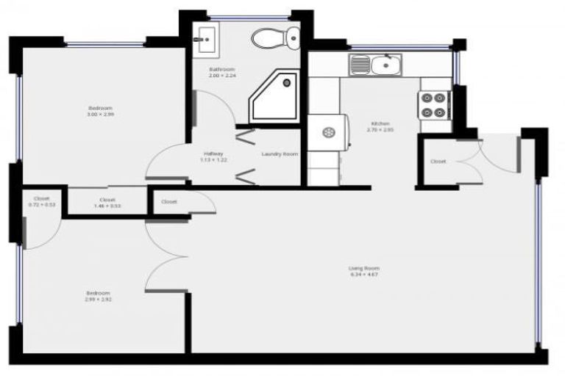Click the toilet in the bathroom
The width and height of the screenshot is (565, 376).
tap(275, 36)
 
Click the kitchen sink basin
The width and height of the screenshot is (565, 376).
tap(384, 66)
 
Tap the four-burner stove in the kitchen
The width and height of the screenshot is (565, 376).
tap(435, 104)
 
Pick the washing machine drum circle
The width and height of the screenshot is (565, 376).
tap(328, 132)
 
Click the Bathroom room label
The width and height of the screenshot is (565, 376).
tap(221, 69)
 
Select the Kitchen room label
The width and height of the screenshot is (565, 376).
tap(380, 123)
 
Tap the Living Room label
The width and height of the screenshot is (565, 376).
tap(364, 268)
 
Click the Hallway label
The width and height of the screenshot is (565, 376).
tap(213, 153)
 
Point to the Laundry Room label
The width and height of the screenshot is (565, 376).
tap(280, 153)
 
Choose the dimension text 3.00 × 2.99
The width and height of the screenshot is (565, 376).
tap(101, 115)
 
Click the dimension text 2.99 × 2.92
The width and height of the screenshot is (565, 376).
tap(97, 300)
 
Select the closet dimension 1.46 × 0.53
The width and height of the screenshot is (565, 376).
tap(107, 206)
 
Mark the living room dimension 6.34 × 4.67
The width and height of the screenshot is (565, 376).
tap(364, 275)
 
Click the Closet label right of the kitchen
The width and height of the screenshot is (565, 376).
tap(438, 161)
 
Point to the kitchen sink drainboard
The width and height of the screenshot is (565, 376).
tap(360, 66)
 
